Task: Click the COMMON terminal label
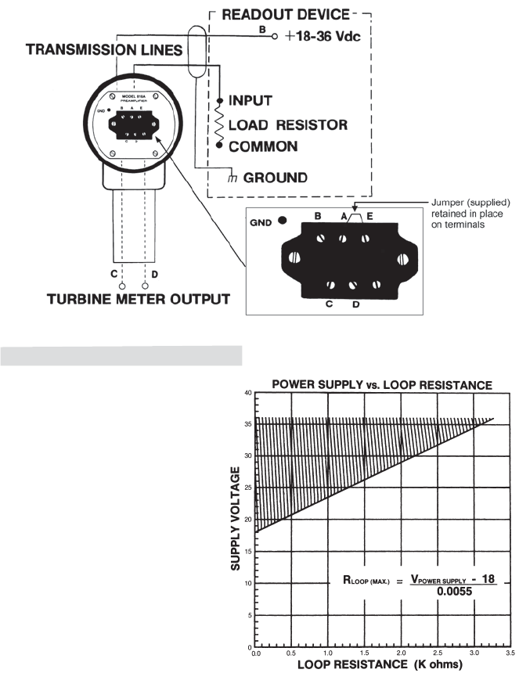pos(262,146)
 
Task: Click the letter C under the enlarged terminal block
pos(330,304)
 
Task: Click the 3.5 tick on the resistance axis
pos(510,652)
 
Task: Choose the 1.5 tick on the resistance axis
pos(364,652)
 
